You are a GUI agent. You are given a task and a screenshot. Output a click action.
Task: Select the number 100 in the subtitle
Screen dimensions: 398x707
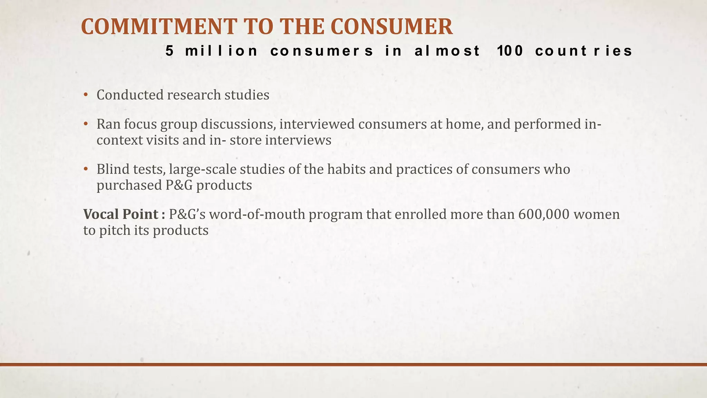[x=510, y=51]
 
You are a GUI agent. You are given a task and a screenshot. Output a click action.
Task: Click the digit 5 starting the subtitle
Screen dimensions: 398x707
[x=170, y=51]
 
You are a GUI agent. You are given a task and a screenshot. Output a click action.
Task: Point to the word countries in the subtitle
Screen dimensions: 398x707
[x=584, y=51]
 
